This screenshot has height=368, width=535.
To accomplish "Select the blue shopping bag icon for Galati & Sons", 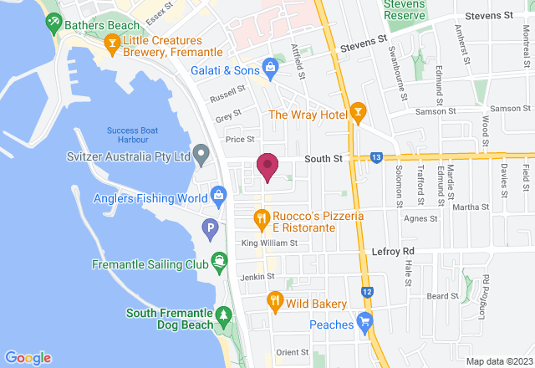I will point(269,66).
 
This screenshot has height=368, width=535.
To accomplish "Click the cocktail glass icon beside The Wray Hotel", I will point(358,112).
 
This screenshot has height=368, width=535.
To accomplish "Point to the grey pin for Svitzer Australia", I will point(201,155).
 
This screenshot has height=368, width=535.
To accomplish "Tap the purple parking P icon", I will point(212,227).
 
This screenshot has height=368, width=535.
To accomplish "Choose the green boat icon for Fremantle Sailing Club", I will point(219,262).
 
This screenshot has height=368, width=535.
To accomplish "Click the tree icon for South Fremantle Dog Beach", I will point(223,314).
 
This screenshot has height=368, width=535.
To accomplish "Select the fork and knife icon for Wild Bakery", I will point(273,300).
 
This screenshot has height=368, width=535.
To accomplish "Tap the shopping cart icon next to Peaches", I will point(364,321).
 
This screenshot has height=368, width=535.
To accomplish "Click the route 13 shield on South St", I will point(377,156).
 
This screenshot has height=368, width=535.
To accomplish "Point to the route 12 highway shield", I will point(368,290).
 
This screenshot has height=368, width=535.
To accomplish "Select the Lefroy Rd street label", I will point(393,251).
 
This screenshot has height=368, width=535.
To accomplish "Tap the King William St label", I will point(269,243).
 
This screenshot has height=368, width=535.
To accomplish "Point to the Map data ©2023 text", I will point(498,361).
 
